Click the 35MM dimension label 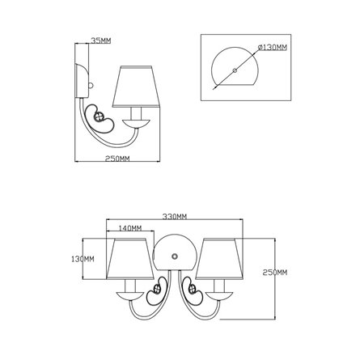101,40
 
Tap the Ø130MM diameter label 273,48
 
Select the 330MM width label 175,217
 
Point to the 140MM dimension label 130,228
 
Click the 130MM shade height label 83,259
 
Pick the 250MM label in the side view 117,159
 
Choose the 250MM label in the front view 275,273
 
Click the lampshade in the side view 136,87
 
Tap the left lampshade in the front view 130,259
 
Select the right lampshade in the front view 219,259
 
